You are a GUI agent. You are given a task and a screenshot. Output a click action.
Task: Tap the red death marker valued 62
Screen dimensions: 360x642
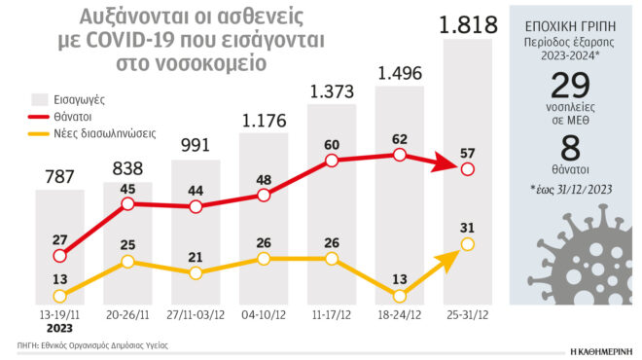pyautogui.click(x=399, y=154)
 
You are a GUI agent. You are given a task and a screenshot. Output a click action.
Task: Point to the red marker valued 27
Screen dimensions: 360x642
pyautogui.click(x=60, y=256)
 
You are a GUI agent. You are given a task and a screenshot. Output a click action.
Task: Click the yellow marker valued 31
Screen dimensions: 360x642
pyautogui.click(x=467, y=243)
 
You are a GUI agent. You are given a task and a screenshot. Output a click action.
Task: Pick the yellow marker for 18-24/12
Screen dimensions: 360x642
pyautogui.click(x=399, y=296)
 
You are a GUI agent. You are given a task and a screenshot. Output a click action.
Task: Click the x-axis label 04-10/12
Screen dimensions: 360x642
pyautogui.click(x=264, y=316)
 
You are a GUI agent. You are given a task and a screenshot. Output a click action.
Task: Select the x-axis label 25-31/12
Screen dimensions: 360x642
pyautogui.click(x=467, y=316)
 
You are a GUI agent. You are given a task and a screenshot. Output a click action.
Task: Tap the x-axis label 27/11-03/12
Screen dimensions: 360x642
pyautogui.click(x=196, y=316)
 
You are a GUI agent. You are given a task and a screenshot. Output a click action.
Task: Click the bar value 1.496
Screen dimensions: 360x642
pyautogui.click(x=399, y=72)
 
